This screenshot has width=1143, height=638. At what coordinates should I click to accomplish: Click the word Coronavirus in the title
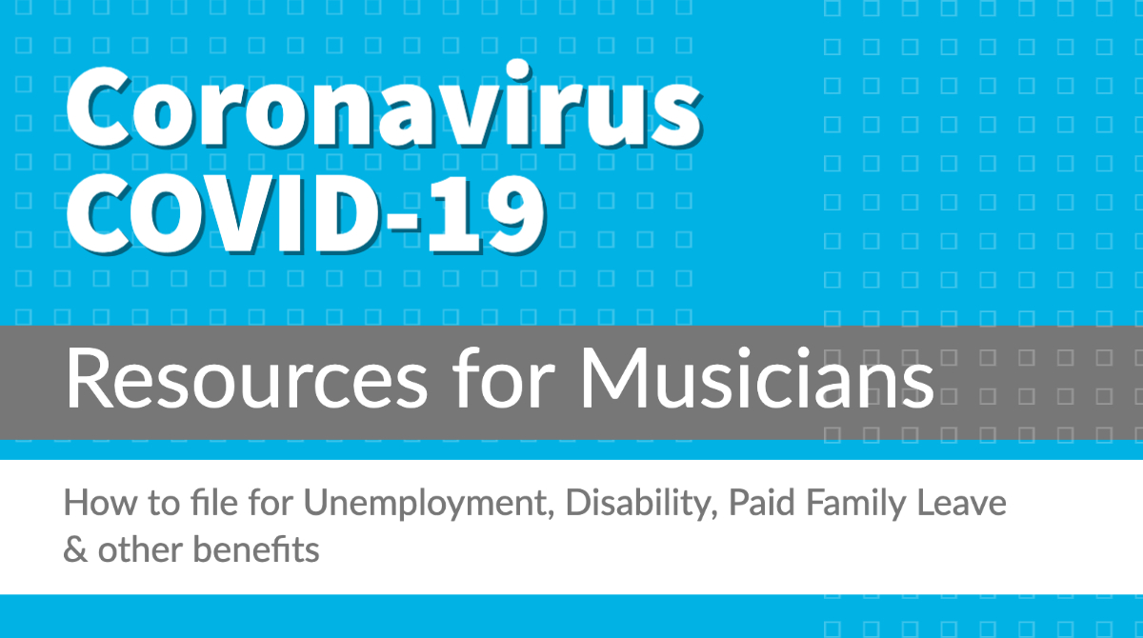tap(384, 105)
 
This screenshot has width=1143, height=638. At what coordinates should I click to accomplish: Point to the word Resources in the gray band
tap(247, 379)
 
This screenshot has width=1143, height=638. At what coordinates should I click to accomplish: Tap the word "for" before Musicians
tap(504, 378)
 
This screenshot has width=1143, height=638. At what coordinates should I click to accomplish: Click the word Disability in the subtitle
tap(641, 504)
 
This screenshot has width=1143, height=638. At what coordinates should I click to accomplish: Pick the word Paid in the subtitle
tap(761, 502)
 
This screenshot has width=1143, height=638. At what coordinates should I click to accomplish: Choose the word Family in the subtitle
tap(855, 504)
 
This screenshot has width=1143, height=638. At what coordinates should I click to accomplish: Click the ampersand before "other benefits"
tap(75, 549)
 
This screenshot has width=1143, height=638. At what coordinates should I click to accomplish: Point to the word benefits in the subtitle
tap(256, 549)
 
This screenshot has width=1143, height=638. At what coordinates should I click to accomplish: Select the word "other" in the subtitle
tap(140, 549)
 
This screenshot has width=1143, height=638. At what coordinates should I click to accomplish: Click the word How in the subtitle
tap(101, 503)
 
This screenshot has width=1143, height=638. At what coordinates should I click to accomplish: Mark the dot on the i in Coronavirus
tap(518, 70)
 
